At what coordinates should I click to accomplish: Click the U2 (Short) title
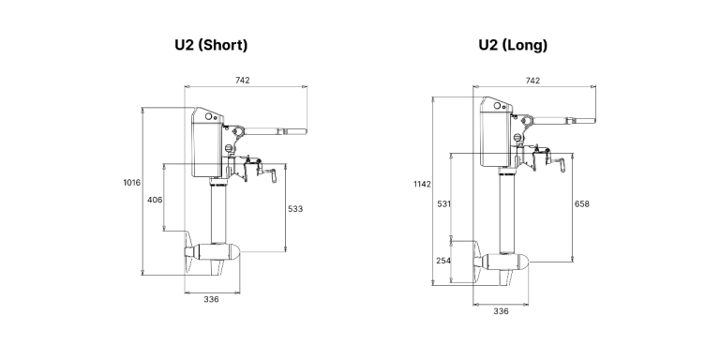[211, 45]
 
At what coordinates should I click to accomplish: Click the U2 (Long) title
[513, 45]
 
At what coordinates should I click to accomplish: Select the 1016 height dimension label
[132, 183]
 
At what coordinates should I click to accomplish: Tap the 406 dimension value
[155, 200]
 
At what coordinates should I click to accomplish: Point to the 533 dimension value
[295, 209]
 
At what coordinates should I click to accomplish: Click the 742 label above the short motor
[243, 81]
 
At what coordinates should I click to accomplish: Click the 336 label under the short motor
[211, 299]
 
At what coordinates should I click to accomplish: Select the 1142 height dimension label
[422, 184]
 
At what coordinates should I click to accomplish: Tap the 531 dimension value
[444, 203]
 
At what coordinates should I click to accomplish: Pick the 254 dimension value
[443, 261]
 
